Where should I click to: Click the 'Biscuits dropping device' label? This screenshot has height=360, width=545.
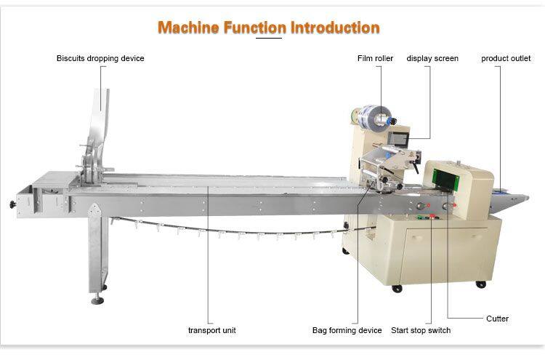(100, 58)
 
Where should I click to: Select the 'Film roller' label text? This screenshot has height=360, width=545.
(374, 58)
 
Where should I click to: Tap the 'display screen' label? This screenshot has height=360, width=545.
(432, 58)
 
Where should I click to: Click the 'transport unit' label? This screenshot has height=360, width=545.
(211, 330)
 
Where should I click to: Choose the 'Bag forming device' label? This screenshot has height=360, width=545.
(347, 330)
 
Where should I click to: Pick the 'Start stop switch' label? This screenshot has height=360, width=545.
(421, 330)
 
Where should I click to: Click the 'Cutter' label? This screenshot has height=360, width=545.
(497, 319)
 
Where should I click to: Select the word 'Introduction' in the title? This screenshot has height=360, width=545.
(335, 28)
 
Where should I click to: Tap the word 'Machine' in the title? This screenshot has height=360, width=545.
(183, 28)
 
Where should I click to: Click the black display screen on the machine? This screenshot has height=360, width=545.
(398, 137)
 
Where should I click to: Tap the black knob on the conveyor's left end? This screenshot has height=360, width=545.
(12, 204)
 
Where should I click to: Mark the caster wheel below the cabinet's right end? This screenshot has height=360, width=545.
(480, 284)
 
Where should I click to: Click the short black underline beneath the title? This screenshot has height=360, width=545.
(270, 38)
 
